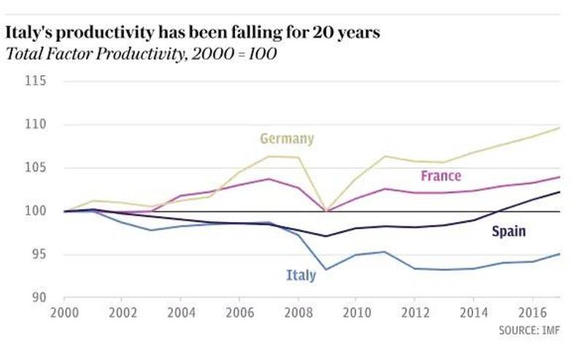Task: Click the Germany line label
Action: (x=286, y=138)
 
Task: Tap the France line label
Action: (x=440, y=176)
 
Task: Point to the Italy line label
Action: (x=300, y=275)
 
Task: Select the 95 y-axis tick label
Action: (x=36, y=255)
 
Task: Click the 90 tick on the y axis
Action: (x=36, y=298)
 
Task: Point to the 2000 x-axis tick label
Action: (x=64, y=312)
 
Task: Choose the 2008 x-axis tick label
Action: (x=298, y=312)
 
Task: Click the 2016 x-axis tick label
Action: (x=531, y=312)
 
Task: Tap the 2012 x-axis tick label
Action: (x=415, y=312)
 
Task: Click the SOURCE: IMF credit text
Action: (x=531, y=330)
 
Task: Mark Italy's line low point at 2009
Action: (x=326, y=269)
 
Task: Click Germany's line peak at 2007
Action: (x=268, y=156)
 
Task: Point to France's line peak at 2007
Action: (x=268, y=179)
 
